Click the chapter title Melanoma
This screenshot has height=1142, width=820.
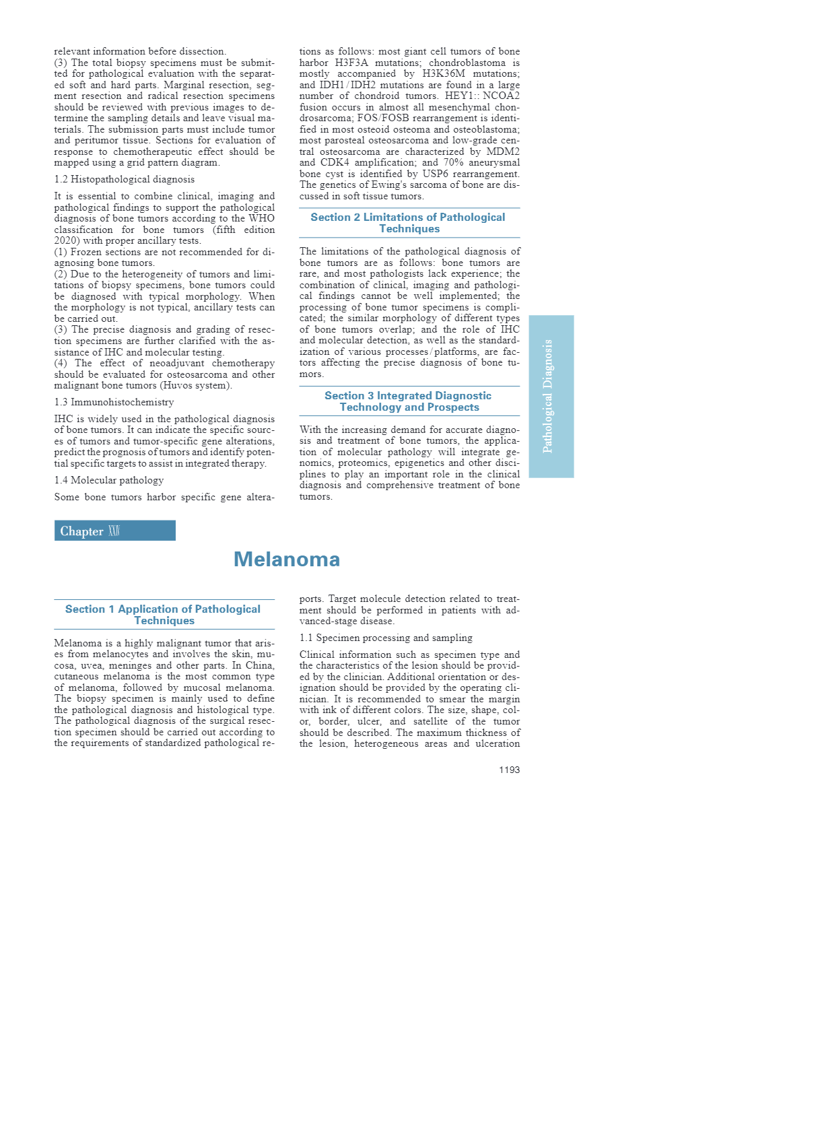point(286,560)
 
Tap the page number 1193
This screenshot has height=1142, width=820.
point(509,770)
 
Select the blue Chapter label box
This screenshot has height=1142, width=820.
point(114,531)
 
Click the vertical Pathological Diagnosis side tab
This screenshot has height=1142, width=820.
point(551,396)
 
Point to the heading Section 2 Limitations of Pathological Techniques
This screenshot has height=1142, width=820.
point(409,223)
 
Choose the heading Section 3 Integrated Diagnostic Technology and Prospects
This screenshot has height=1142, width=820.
point(409,401)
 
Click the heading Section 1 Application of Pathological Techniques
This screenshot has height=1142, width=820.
point(164,615)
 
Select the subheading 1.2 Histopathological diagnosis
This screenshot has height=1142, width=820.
point(125,179)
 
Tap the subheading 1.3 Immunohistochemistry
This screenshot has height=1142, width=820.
point(114,402)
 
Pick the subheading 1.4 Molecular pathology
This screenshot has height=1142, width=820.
point(109,480)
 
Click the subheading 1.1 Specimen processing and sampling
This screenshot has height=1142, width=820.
point(386,638)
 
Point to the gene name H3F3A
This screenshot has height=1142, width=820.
point(351,63)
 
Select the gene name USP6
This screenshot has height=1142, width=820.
point(435,174)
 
